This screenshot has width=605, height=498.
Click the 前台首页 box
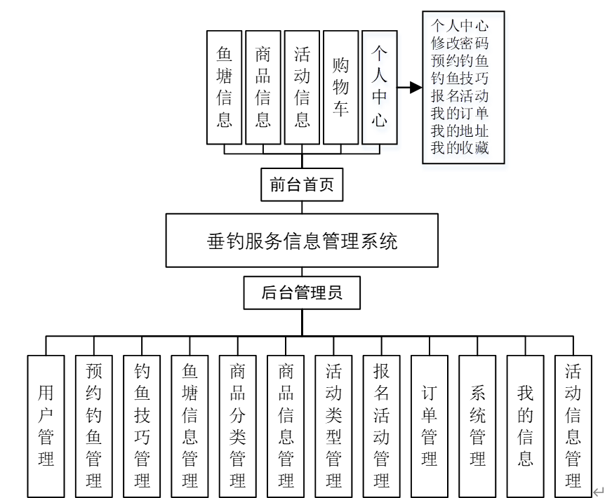point(302,184)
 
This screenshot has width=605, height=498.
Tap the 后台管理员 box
point(302,293)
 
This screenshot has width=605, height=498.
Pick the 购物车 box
point(340,87)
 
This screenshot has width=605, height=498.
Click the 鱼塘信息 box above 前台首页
point(225,87)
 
